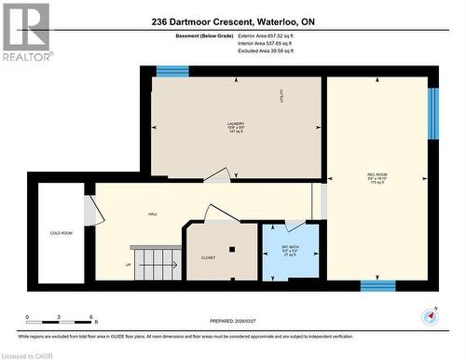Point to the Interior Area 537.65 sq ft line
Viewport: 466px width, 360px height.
pyautogui.click(x=266, y=44)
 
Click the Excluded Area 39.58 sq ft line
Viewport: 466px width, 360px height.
pyautogui.click(x=266, y=51)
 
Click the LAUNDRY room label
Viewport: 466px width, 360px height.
pyautogui.click(x=235, y=128)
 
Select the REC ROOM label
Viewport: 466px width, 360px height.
pyautogui.click(x=377, y=178)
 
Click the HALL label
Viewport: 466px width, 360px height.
pyautogui.click(x=152, y=214)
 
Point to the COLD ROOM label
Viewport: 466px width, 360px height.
pyautogui.click(x=62, y=233)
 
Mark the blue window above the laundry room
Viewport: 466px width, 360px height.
pyautogui.click(x=172, y=72)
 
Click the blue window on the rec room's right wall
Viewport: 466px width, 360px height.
pyautogui.click(x=432, y=113)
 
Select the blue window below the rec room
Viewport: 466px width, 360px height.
pyautogui.click(x=377, y=285)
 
